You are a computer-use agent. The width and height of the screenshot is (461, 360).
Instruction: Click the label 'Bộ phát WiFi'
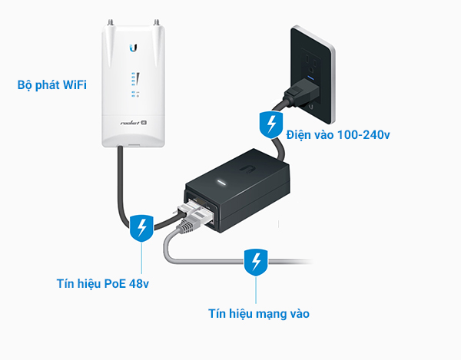pos(51,84)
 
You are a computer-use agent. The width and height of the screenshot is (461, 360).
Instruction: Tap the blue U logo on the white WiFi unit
pos(134,48)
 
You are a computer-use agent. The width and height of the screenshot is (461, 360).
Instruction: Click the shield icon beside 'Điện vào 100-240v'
pos(270,123)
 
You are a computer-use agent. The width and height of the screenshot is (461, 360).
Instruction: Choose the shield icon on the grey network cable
pos(254,263)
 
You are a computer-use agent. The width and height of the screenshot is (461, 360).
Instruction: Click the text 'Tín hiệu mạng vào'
pos(259,312)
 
